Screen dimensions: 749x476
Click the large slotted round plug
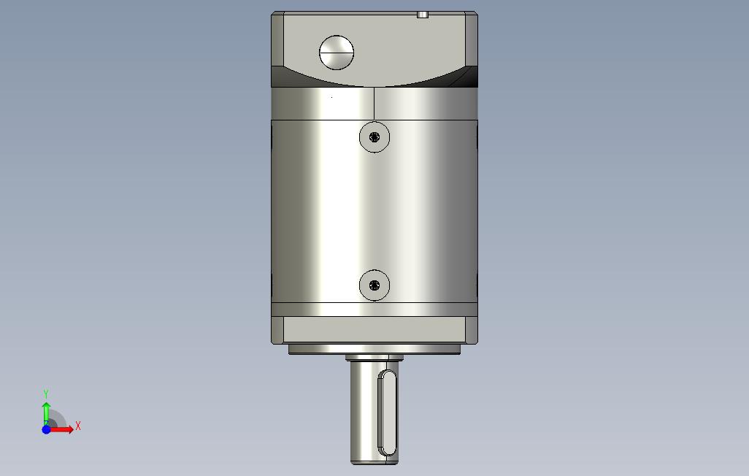(337, 53)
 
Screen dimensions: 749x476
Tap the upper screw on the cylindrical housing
(374, 137)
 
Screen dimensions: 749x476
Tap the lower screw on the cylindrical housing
(374, 285)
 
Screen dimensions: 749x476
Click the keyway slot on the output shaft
(388, 413)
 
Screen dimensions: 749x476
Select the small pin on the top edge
(423, 15)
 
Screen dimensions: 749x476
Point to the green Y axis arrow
(46, 413)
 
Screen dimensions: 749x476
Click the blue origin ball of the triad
(46, 429)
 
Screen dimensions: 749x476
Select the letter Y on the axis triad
(46, 394)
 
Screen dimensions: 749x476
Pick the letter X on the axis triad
(78, 426)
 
